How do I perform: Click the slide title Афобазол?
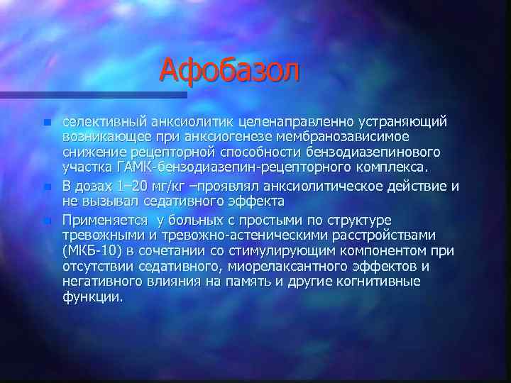231,70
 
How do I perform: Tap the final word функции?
92,298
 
